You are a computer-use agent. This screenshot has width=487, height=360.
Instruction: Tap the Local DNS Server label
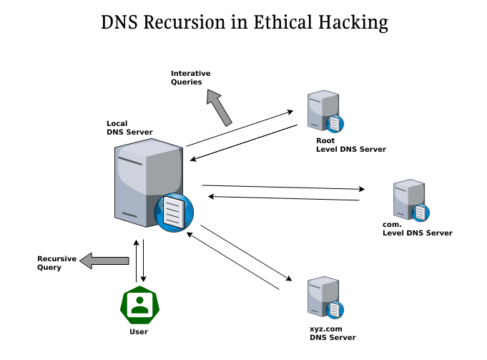click(x=129, y=127)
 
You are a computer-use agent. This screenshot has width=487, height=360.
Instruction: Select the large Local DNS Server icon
click(x=149, y=183)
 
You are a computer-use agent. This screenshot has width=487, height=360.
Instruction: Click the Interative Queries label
click(x=190, y=77)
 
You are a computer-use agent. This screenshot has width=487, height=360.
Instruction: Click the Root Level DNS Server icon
click(x=323, y=112)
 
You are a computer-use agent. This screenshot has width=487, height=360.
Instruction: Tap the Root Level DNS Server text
click(x=350, y=145)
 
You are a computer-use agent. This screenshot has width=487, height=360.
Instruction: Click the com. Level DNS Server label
click(x=417, y=229)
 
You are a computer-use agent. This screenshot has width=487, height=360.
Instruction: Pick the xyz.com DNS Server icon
click(x=323, y=298)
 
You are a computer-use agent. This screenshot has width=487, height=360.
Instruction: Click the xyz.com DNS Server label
click(x=332, y=333)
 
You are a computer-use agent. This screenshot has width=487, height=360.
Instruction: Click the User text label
click(x=139, y=332)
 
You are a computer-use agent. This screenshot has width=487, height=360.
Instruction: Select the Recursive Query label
click(x=56, y=262)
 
